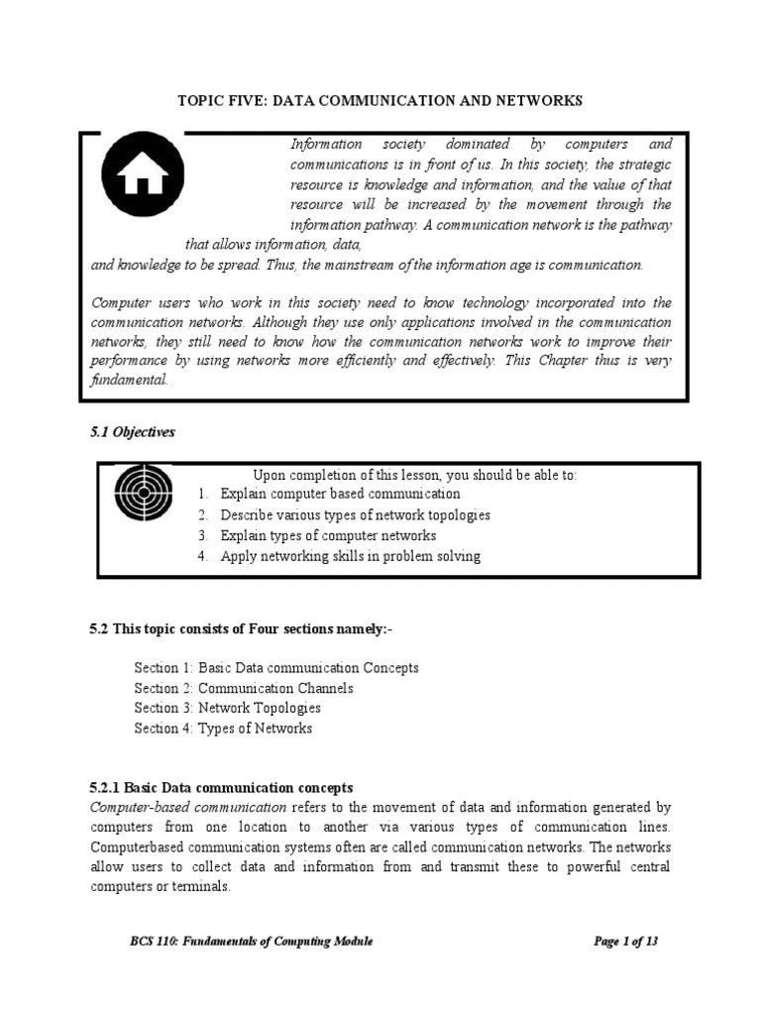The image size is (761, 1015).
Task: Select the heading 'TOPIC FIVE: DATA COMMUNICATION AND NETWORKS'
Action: click(380, 101)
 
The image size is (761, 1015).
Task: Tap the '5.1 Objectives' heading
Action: click(133, 432)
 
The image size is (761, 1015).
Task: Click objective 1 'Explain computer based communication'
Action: click(340, 494)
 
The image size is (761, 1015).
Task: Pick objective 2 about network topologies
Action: click(355, 514)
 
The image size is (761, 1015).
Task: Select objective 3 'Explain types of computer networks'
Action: click(328, 535)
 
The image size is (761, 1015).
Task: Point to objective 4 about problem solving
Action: click(350, 556)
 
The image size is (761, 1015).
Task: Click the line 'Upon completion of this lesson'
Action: click(414, 475)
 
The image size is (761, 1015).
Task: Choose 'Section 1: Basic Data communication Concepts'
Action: click(276, 668)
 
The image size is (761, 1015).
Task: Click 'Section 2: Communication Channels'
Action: click(244, 688)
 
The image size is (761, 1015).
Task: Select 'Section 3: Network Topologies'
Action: click(228, 708)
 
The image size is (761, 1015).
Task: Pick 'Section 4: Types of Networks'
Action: click(223, 729)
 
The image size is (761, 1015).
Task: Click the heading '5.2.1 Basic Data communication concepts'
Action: click(221, 788)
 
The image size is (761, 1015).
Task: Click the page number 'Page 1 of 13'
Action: click(625, 942)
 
